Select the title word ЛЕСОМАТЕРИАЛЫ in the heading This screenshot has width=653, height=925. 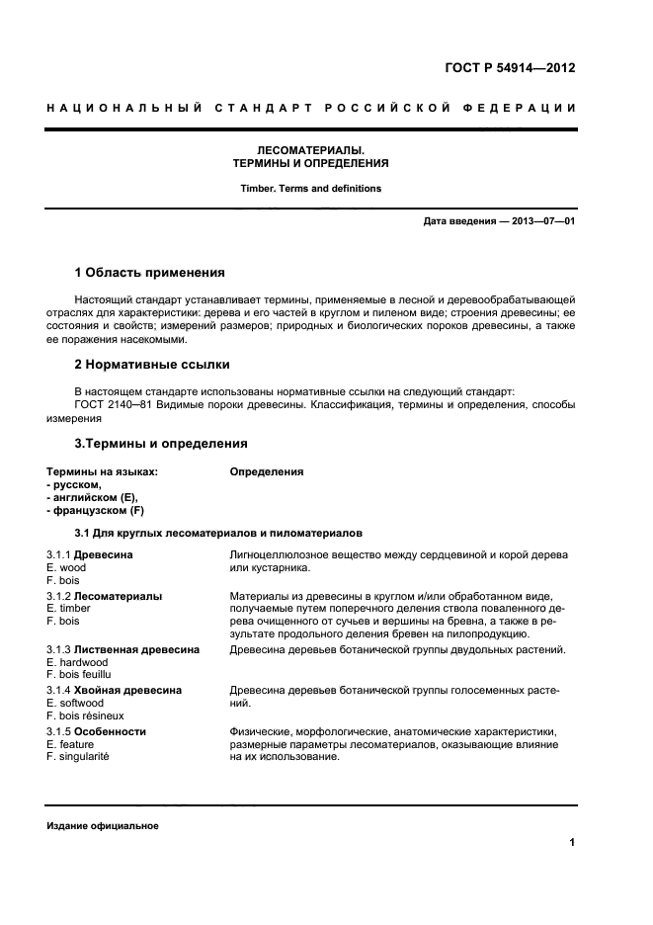point(310,149)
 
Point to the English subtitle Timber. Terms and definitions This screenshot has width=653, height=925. point(310,188)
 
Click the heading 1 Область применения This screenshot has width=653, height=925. point(150,272)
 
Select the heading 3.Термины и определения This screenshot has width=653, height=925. point(160,443)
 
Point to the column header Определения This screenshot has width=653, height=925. point(266,472)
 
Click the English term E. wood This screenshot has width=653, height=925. point(66,568)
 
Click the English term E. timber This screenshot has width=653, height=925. point(68,610)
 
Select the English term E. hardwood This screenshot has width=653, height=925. point(77,662)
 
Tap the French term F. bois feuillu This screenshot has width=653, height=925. point(81,675)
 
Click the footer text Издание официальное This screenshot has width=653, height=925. point(102,826)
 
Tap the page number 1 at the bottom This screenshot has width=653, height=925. point(572,843)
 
